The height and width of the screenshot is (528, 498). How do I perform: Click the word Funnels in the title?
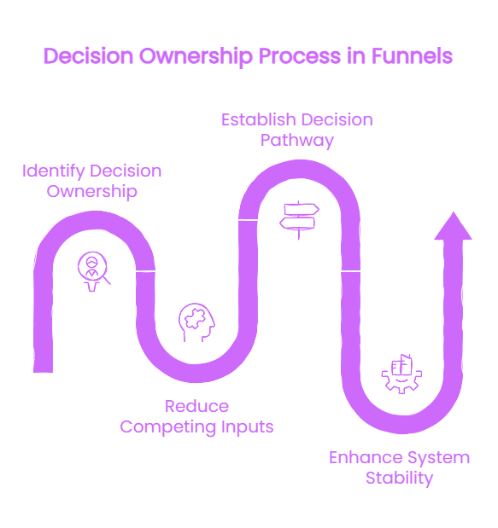point(412,56)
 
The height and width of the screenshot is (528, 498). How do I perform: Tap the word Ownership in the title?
point(196,57)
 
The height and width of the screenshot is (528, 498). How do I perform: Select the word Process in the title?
point(300,56)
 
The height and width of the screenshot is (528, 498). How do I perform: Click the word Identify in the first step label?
point(54,171)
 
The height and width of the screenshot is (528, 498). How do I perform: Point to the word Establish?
point(258,119)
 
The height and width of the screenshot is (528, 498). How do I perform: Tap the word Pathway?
point(297,141)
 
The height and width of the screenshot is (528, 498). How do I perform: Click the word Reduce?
point(197,406)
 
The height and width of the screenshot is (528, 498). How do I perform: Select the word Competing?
point(168,427)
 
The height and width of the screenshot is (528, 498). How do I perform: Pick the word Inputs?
point(247,427)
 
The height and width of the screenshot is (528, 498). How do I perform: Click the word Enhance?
point(366,457)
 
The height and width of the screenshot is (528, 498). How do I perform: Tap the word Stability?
point(399,479)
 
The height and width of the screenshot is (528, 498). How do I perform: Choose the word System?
point(439,458)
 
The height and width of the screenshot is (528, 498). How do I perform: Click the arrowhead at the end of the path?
point(454,226)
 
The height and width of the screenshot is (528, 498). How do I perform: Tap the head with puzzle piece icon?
point(196,322)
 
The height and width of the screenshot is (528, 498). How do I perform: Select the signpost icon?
point(299,220)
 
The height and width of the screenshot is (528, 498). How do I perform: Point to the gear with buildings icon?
point(401,374)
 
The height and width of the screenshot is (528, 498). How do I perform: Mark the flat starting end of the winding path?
point(44,372)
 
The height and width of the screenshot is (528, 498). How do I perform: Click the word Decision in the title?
point(89,56)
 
